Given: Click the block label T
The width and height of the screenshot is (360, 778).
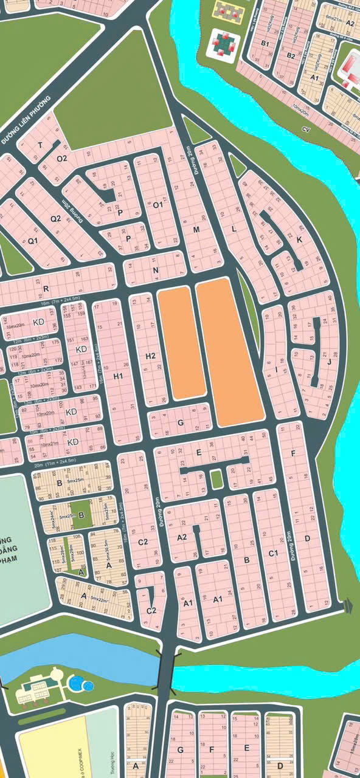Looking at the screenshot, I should click(40, 145).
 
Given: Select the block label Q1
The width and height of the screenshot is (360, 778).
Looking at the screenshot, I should click(33, 240).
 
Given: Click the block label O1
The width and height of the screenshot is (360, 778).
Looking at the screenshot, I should click(158, 205).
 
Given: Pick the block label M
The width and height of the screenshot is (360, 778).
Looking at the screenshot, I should click(196, 230).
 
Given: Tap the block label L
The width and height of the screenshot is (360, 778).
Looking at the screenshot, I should click(234, 229).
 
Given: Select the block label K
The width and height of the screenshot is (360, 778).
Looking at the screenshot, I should click(299, 239).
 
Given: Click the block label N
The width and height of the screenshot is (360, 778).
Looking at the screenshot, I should click(156, 270).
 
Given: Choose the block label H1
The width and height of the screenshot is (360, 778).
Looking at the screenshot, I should click(119, 377).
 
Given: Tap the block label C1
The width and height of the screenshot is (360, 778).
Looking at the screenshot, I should click(274, 553).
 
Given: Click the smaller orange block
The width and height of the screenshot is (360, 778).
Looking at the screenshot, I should click(181, 344).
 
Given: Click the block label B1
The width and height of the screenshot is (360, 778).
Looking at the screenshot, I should click(265, 43).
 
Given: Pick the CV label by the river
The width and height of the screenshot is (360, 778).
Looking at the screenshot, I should click(306, 129).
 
